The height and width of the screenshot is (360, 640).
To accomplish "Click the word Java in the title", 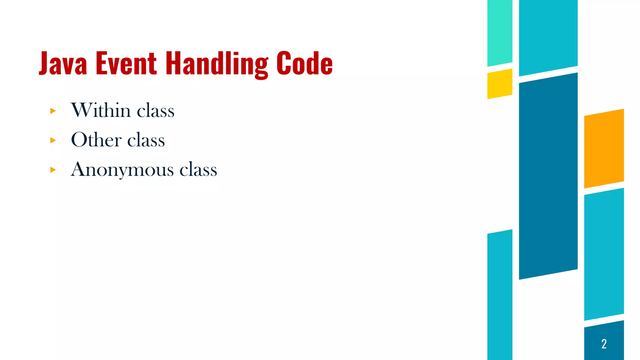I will click(63, 63).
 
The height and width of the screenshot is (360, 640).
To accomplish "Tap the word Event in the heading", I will click(126, 63).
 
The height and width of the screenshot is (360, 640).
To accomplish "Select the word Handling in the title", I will click(217, 64).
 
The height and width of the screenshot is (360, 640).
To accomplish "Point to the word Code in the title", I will click(304, 63).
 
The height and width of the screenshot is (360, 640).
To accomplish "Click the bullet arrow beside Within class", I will click(53, 111).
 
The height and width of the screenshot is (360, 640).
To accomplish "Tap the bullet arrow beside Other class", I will click(53, 140).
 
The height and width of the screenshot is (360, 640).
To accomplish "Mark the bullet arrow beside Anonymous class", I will click(53, 170).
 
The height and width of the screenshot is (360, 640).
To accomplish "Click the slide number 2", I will click(604, 344).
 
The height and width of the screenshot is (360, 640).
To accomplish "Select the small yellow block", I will click(500, 84).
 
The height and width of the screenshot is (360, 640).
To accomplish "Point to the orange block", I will click(604, 148).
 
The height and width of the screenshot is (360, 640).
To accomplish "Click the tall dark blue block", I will click(548, 176).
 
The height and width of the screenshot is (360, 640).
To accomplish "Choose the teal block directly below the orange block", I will click(604, 254).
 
